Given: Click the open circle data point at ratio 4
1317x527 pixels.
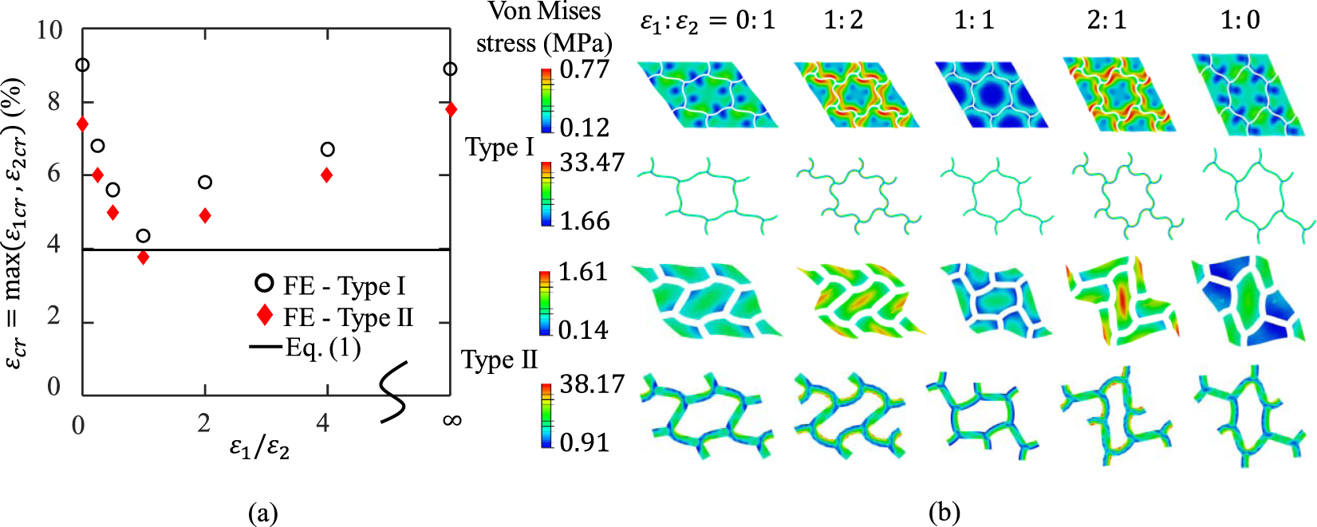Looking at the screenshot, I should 327,149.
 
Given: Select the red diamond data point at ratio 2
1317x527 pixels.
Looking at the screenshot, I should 205,215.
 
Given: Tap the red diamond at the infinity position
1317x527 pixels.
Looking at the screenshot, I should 451,108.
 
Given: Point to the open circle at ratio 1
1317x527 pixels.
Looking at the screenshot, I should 143,235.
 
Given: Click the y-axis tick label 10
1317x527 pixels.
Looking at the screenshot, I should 49,30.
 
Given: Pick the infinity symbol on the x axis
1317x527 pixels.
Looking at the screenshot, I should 451,420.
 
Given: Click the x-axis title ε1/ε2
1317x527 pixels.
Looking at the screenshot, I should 260,448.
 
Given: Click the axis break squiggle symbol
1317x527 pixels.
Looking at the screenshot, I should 392,391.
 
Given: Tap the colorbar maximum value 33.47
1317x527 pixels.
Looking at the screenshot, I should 592,163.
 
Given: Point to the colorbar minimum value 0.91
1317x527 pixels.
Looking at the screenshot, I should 584,442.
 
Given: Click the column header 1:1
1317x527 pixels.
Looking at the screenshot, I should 975,20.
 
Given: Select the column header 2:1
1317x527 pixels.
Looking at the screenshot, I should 1107,20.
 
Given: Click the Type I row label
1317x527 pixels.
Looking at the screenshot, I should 499,147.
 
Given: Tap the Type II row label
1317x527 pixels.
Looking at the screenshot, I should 499,360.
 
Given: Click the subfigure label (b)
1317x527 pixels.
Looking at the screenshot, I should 944,513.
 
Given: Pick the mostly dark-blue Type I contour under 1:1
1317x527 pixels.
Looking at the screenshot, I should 990,95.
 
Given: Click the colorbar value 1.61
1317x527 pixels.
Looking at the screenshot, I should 583,272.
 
